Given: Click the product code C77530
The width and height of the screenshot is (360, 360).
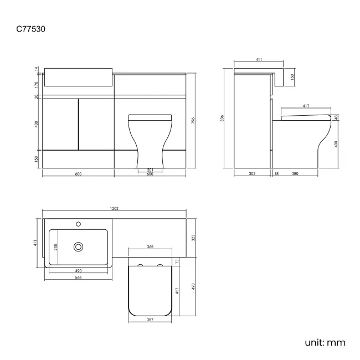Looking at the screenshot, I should [31, 28].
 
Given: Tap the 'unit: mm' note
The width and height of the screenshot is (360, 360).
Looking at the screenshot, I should [325, 342].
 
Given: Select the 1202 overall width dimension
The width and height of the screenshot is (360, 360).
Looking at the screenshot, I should [115, 209].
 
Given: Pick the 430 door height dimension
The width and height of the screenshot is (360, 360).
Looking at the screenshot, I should [37, 125].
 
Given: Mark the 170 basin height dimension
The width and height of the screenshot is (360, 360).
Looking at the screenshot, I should [37, 85].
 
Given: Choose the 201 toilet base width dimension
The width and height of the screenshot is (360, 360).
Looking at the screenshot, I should [150, 169].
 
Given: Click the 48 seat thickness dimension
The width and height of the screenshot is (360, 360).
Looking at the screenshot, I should [336, 117].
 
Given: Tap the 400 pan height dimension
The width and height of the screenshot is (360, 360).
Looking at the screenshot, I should [336, 144].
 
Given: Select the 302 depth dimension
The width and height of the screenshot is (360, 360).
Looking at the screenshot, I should [252, 174].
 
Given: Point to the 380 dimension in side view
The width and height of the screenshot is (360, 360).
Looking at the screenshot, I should [295, 174].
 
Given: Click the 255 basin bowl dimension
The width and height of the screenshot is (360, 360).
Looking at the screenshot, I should [55, 247].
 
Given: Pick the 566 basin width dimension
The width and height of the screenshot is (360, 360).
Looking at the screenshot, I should [79, 277].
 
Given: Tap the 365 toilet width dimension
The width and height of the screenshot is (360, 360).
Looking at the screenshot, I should [150, 247].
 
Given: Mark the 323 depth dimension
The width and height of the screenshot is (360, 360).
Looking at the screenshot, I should [193, 237].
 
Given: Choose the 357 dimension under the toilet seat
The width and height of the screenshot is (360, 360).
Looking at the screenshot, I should [149, 320].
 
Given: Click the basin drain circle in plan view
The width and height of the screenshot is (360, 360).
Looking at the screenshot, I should [79, 246].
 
